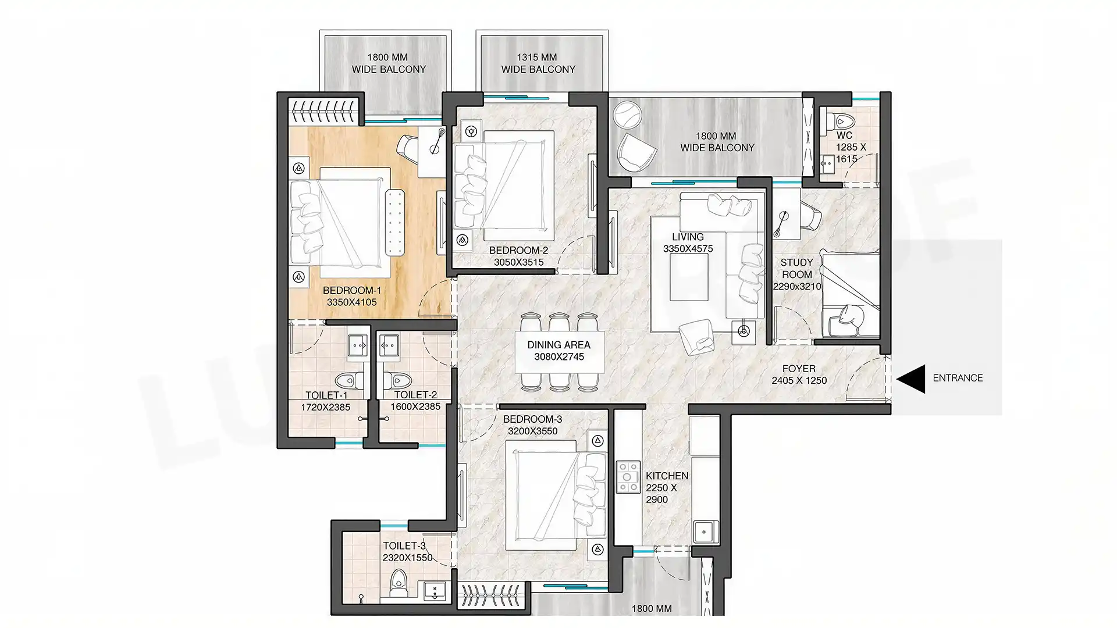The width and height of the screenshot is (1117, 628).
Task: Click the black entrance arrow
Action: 911,379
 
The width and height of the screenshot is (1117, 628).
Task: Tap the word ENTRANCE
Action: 958,378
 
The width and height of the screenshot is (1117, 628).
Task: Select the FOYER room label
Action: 799,369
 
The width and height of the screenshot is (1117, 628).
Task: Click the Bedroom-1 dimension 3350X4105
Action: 351,302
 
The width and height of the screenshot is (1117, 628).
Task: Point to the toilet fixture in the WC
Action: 841,122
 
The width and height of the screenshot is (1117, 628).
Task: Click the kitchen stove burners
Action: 628,477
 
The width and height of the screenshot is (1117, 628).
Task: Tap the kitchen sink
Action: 704,531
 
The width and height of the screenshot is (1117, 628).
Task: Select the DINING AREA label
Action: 558,345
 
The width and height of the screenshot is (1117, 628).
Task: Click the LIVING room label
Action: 688,237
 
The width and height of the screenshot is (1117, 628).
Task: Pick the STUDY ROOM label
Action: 796,269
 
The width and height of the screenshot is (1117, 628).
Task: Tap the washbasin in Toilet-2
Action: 387,345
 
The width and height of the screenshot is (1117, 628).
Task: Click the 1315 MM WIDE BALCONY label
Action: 538,63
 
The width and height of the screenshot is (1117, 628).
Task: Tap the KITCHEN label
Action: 667,476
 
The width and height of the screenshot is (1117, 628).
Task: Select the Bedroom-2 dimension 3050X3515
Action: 519,262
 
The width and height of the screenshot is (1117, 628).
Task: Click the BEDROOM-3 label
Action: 532,419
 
